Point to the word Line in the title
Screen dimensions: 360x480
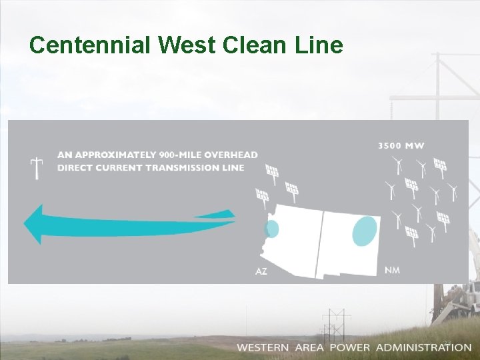pos(323,45)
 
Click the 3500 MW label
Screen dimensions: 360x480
pos(401,145)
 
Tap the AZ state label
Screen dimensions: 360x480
pos(261,271)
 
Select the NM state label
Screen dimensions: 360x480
pos(393,269)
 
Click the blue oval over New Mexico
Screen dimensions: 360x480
pos(364,231)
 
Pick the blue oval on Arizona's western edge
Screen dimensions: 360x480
pos(271,229)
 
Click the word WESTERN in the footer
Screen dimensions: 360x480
pos(263,347)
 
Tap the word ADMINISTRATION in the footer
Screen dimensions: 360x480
pos(423,347)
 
